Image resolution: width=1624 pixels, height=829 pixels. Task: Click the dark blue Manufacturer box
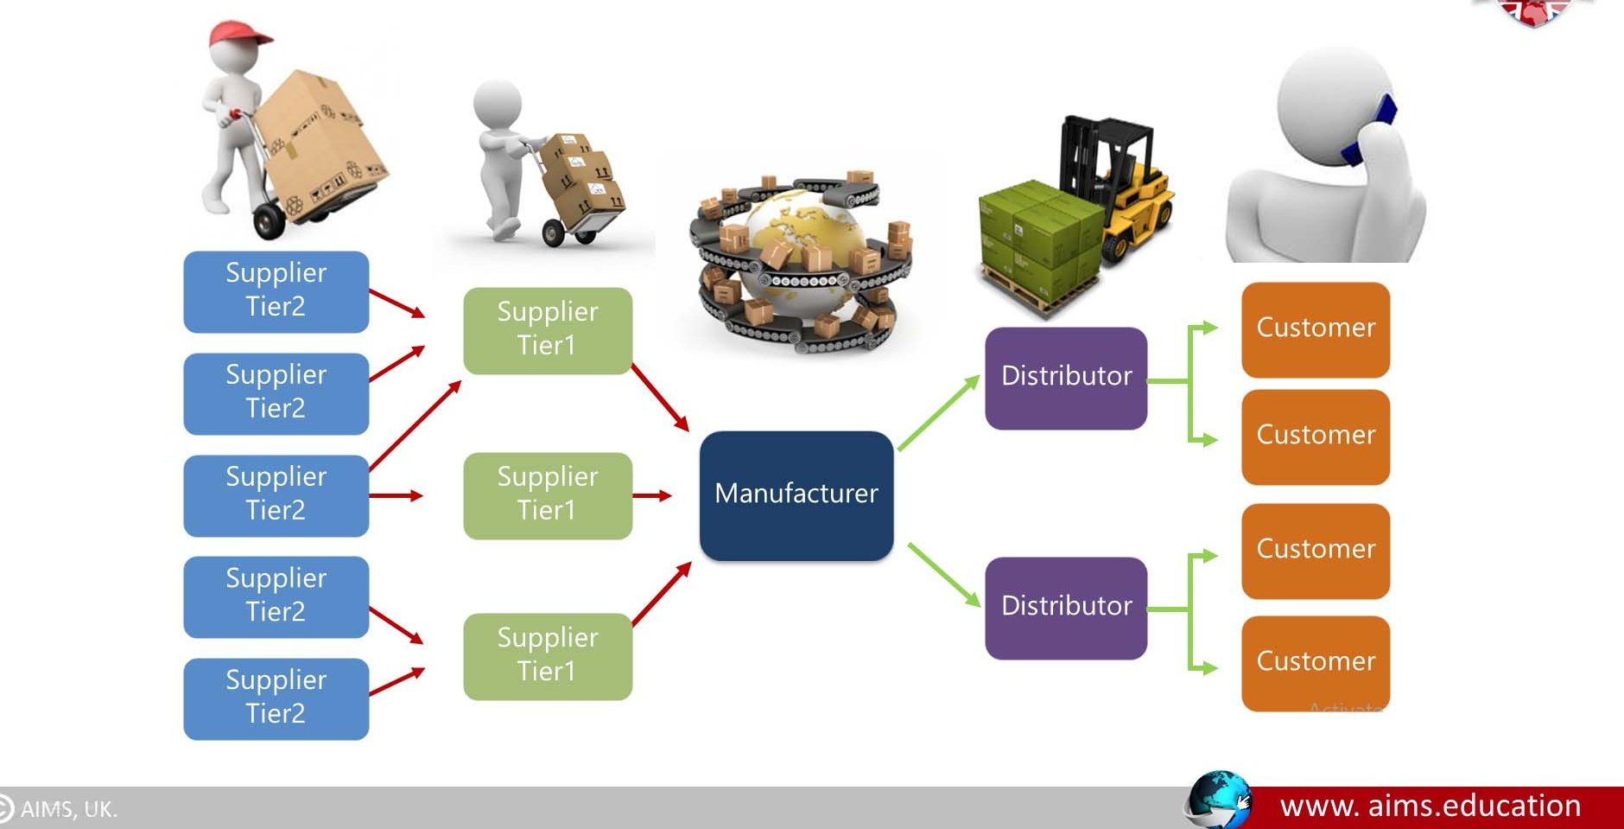(796, 495)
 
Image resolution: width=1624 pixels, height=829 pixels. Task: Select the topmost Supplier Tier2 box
(276, 291)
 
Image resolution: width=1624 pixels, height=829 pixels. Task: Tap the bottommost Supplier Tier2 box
(276, 698)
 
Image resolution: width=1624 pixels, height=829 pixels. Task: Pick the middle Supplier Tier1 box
(547, 495)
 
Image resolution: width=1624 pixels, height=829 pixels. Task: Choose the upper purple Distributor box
(1065, 378)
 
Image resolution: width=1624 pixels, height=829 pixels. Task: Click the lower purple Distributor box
(1065, 608)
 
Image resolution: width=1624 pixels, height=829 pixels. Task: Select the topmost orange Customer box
(1315, 329)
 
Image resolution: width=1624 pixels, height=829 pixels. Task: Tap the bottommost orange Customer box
(1315, 663)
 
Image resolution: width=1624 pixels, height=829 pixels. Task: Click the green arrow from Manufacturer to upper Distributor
(938, 413)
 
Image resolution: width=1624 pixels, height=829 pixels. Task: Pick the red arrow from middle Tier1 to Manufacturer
(652, 495)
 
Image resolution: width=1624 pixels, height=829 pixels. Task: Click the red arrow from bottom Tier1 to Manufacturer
(662, 594)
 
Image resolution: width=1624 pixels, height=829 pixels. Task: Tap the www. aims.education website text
(1430, 806)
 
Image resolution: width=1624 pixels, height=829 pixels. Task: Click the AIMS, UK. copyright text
(67, 809)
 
